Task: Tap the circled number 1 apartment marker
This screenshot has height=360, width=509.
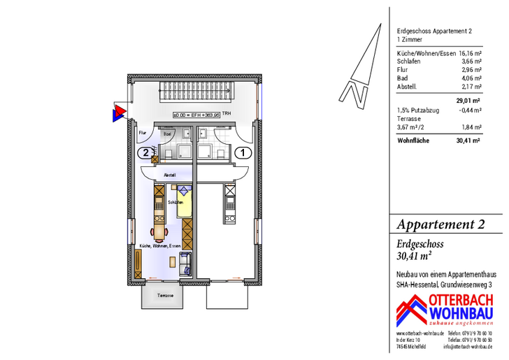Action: tap(242, 152)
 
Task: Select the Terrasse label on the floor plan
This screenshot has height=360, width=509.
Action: tap(165, 295)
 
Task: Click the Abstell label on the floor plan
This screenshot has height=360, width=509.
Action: tap(169, 174)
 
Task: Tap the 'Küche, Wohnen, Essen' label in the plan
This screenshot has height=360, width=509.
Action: tap(159, 246)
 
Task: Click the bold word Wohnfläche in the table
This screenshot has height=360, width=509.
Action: tap(413, 140)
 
